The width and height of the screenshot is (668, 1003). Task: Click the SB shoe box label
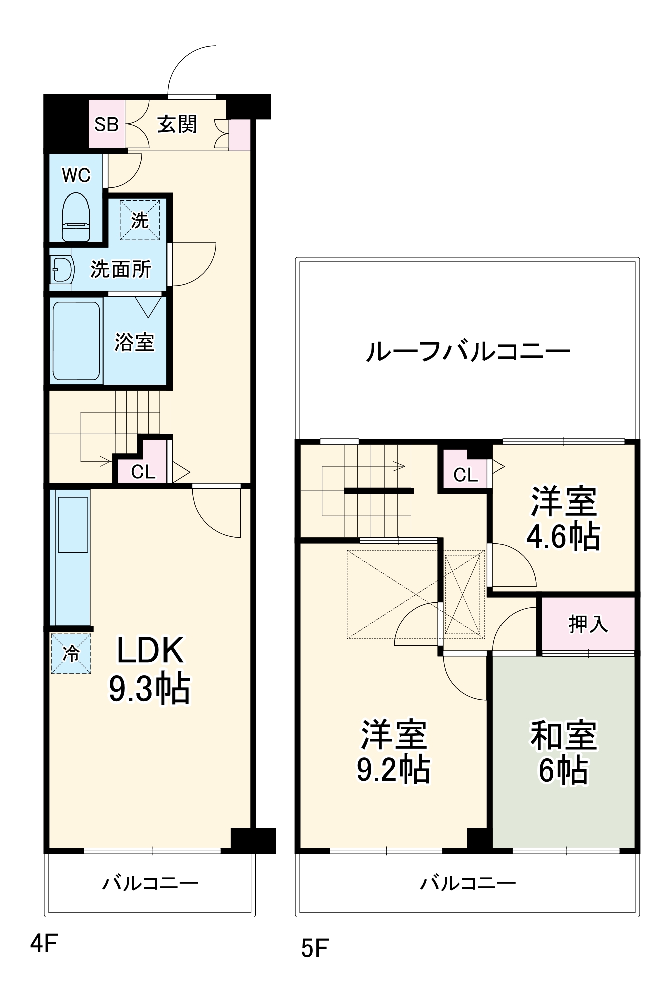pyautogui.click(x=106, y=124)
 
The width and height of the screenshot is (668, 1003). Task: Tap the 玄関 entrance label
pyautogui.click(x=177, y=124)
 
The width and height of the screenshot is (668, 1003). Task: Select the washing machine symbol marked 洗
pyautogui.click(x=140, y=220)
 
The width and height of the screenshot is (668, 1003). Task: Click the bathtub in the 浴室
pyautogui.click(x=76, y=341)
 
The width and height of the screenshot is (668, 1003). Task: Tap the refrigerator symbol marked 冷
pyautogui.click(x=71, y=653)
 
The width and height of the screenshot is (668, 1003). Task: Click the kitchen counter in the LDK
pyautogui.click(x=73, y=557)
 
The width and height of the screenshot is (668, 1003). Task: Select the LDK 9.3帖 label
pyautogui.click(x=149, y=670)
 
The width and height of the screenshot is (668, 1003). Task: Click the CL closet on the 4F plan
pyautogui.click(x=143, y=471)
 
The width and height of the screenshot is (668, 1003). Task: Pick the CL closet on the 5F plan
pyautogui.click(x=465, y=474)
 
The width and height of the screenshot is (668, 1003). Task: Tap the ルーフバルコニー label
pyautogui.click(x=467, y=351)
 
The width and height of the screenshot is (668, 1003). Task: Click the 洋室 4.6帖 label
pyautogui.click(x=563, y=519)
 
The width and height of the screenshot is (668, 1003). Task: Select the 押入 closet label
pyautogui.click(x=588, y=624)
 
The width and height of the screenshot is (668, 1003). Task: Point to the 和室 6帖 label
pyautogui.click(x=563, y=752)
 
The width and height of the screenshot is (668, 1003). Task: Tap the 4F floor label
pyautogui.click(x=44, y=944)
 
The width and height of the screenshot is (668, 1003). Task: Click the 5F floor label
pyautogui.click(x=314, y=948)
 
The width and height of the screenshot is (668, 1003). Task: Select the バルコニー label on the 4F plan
pyautogui.click(x=150, y=883)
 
